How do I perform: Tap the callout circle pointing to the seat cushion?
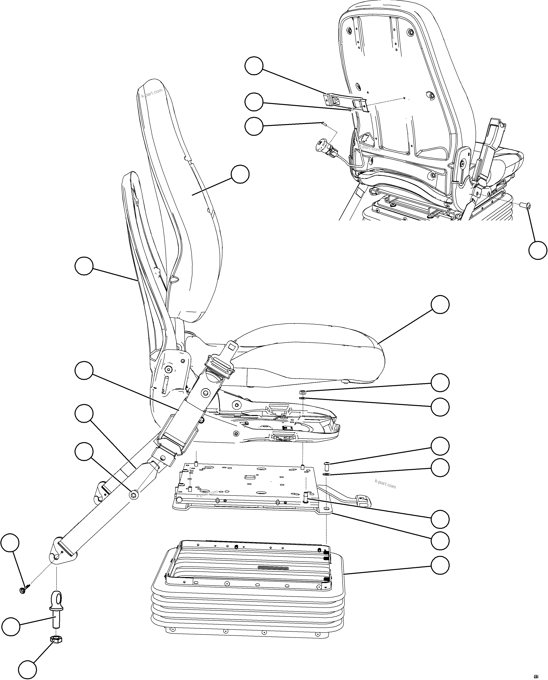coord(440,304)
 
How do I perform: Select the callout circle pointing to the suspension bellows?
coord(440,565)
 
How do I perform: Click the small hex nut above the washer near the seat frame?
coord(302,392)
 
